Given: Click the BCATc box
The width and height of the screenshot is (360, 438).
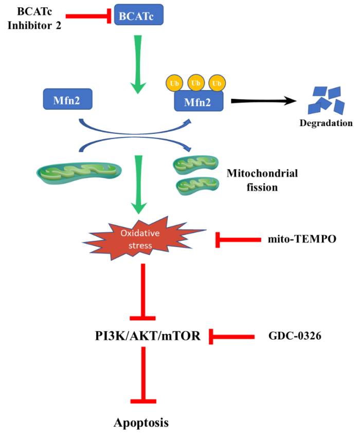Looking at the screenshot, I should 138,15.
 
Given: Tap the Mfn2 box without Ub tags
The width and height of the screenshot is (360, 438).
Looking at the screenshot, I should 68,99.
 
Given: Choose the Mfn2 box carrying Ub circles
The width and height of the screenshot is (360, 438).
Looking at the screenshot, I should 199,101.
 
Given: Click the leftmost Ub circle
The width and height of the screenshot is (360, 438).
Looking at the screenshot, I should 174,83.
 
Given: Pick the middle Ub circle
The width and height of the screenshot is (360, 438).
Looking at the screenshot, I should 195,83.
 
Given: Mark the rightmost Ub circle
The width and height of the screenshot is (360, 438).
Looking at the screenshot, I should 217,83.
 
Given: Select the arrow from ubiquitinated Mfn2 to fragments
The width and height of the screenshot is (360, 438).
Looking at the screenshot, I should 263,101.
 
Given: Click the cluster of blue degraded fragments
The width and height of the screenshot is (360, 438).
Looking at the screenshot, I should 326,100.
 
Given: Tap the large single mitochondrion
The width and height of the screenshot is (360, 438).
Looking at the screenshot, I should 79,173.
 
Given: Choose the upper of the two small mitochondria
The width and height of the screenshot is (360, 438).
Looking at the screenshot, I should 195,164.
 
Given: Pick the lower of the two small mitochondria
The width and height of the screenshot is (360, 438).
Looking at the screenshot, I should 197,185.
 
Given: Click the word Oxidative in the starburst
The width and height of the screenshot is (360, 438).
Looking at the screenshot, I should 140,233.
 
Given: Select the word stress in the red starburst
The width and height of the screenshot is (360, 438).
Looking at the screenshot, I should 140,245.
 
